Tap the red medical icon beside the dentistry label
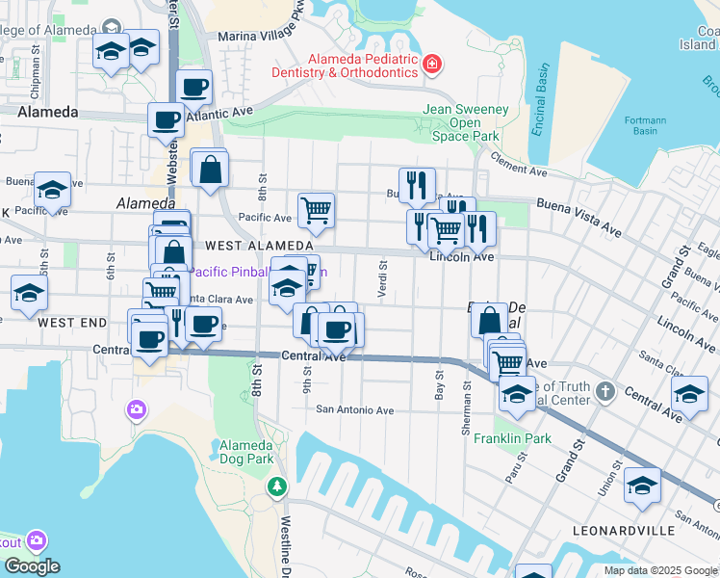pyautogui.click(x=432, y=65)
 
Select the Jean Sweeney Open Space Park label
pyautogui.click(x=466, y=122)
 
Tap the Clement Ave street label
pyautogui.click(x=518, y=164)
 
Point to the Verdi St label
pyautogui.click(x=383, y=274)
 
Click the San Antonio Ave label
pyautogui.click(x=355, y=410)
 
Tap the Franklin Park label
pyautogui.click(x=512, y=438)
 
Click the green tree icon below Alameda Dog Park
pyautogui.click(x=277, y=486)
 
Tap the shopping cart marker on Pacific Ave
pyautogui.click(x=316, y=209)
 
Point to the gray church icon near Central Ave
pyautogui.click(x=604, y=391)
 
